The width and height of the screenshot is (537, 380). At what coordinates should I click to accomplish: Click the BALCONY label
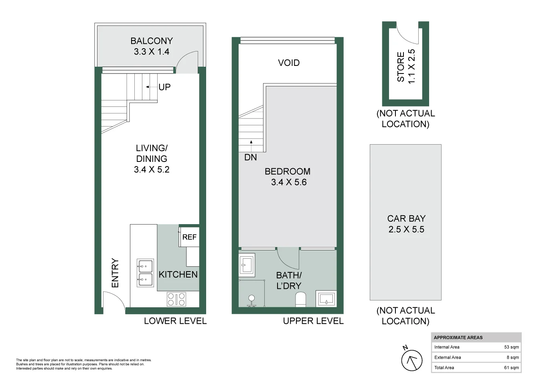[152, 41]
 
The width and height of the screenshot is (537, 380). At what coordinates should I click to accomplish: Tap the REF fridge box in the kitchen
[189, 237]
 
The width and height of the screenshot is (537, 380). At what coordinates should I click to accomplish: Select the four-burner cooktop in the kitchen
[176, 299]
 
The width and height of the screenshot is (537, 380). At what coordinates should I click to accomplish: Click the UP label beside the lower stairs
[164, 87]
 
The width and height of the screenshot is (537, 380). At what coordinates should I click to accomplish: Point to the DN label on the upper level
[251, 157]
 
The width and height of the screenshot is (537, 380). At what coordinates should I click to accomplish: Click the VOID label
[289, 63]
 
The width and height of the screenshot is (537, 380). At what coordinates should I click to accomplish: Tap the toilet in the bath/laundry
[300, 299]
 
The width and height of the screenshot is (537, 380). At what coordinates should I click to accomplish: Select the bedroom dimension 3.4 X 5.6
[289, 182]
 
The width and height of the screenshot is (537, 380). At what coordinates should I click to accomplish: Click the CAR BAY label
[406, 219]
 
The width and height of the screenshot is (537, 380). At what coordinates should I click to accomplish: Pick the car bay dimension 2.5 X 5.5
[406, 230]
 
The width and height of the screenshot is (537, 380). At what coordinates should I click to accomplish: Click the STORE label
[401, 67]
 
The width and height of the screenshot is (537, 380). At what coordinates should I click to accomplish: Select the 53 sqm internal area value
[511, 347]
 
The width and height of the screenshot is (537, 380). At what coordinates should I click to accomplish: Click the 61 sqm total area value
[511, 368]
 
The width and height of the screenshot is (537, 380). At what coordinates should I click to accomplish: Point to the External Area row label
[448, 357]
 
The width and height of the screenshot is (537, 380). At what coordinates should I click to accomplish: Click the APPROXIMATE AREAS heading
[458, 337]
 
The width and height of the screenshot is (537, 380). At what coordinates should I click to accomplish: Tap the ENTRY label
[116, 273]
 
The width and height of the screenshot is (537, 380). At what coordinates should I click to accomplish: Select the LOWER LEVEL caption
[175, 321]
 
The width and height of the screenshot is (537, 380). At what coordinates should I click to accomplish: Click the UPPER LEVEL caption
[313, 321]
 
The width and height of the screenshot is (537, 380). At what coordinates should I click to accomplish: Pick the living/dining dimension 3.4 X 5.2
[152, 170]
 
